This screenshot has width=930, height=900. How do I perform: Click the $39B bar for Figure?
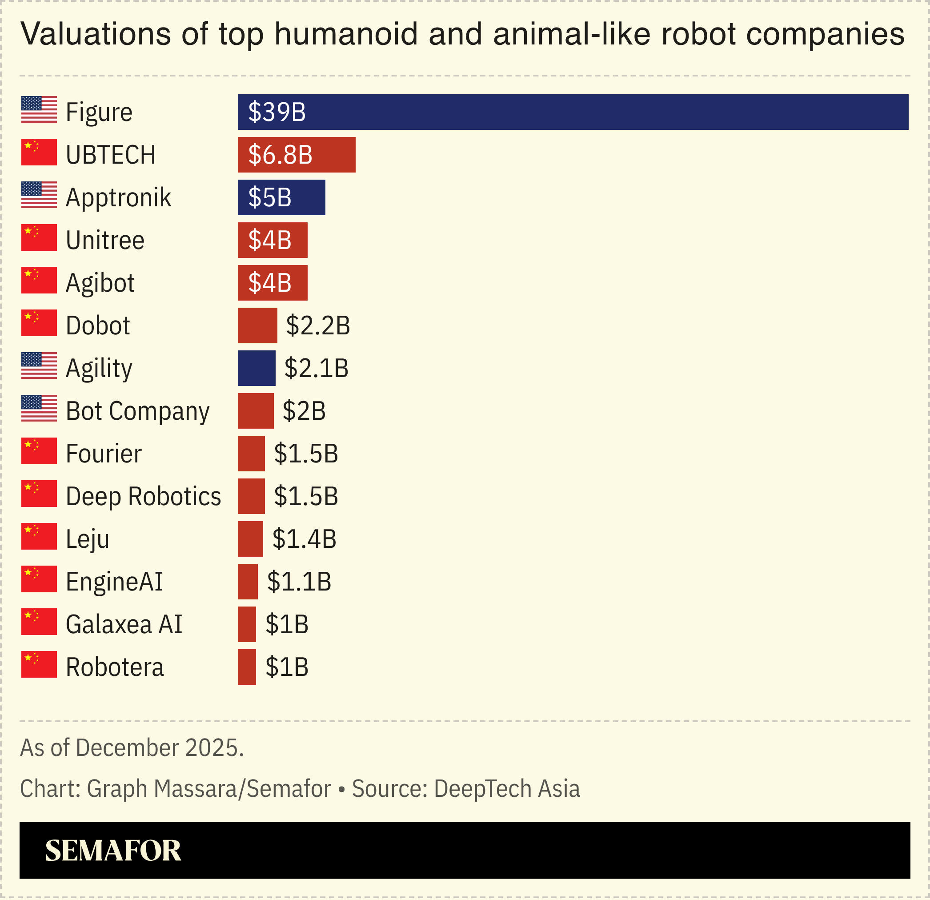[x=573, y=112]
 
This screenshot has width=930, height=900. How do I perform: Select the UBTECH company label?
[x=111, y=155]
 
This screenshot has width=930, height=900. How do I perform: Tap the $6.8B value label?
[x=280, y=155]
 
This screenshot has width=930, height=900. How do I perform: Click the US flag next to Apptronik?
[x=39, y=195]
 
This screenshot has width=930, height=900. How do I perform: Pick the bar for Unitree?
[x=273, y=240]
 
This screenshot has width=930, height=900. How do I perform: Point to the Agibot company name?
[x=100, y=283]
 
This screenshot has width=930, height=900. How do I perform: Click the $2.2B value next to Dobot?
[x=318, y=325]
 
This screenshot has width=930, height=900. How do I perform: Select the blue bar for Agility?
[x=257, y=368]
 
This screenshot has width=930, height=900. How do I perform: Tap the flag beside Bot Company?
[x=39, y=408]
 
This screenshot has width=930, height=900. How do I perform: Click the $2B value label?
[x=304, y=411]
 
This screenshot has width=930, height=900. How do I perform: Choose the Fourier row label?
[x=104, y=454]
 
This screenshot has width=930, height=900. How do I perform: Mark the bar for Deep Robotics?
[x=252, y=497]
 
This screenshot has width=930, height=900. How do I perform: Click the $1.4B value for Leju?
[x=304, y=539]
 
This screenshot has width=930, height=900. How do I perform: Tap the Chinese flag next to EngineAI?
[x=39, y=579]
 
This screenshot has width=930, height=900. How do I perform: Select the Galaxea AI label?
[x=124, y=625]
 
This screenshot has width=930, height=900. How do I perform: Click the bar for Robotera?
[x=247, y=667]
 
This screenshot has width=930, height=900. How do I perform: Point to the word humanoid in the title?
[x=346, y=34]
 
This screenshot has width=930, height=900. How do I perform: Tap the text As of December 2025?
[x=132, y=748]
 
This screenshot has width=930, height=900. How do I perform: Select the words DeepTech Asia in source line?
[x=507, y=789]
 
